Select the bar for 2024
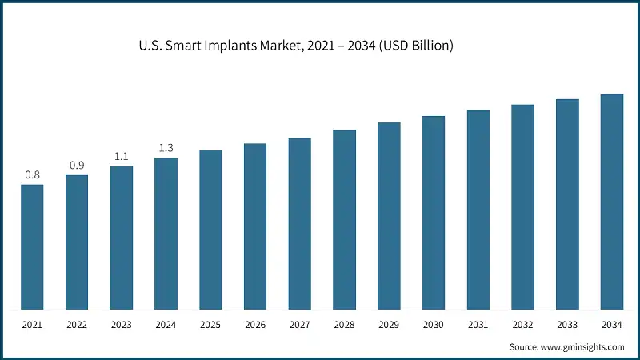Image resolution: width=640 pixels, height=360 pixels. [166, 233]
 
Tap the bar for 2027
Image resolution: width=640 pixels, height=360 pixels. [300, 223]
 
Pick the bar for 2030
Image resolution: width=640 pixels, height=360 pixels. [434, 212]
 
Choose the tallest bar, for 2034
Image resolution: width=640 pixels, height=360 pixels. [612, 201]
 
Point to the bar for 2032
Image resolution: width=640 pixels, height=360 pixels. [522, 206]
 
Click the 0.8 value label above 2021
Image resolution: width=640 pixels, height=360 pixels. [32, 174]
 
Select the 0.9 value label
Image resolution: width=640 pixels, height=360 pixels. [77, 165]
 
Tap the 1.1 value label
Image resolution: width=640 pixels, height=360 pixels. [122, 156]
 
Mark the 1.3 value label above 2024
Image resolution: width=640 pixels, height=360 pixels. [166, 148]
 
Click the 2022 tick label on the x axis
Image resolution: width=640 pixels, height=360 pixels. [77, 326]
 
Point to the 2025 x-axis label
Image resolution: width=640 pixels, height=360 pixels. [210, 326]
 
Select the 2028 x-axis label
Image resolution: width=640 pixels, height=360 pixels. [344, 326]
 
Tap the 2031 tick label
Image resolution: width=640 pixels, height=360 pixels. [478, 326]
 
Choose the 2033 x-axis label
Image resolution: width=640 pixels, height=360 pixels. [567, 326]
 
